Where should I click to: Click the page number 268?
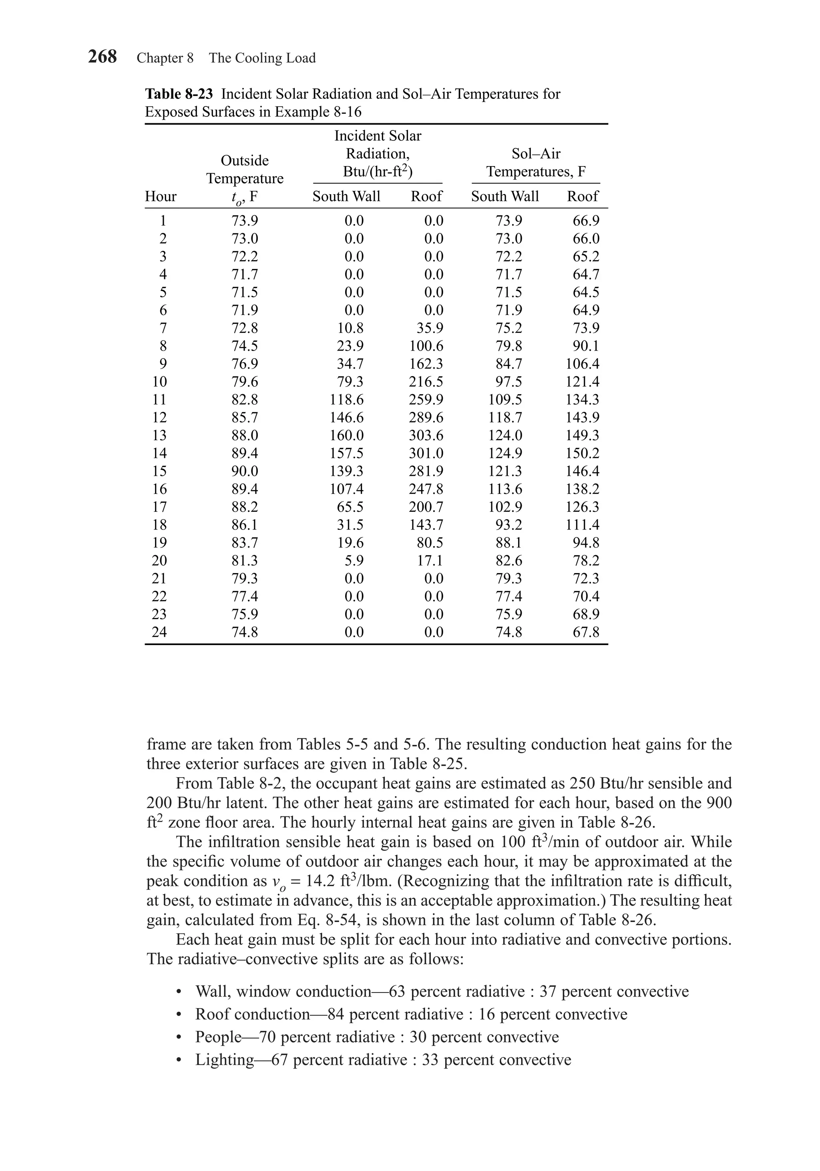(x=102, y=56)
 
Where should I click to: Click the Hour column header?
(x=160, y=197)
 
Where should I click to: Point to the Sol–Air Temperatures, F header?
(x=535, y=163)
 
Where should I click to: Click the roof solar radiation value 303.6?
(x=426, y=435)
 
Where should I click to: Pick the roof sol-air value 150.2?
(x=582, y=453)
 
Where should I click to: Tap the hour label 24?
(x=159, y=632)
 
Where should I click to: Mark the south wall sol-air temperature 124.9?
(x=505, y=453)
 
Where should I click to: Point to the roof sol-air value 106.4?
(x=582, y=364)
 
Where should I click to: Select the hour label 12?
(x=159, y=417)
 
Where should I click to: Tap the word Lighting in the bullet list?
(x=225, y=1059)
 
